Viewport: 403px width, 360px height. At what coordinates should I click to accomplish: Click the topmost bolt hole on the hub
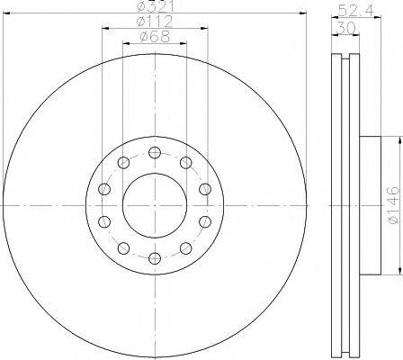pos(154,152)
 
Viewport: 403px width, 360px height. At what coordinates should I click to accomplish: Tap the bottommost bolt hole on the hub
pos(154,259)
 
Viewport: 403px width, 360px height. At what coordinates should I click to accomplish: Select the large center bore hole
pos(154,206)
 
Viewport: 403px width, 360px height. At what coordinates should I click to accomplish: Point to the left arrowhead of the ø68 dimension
pos(125,43)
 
